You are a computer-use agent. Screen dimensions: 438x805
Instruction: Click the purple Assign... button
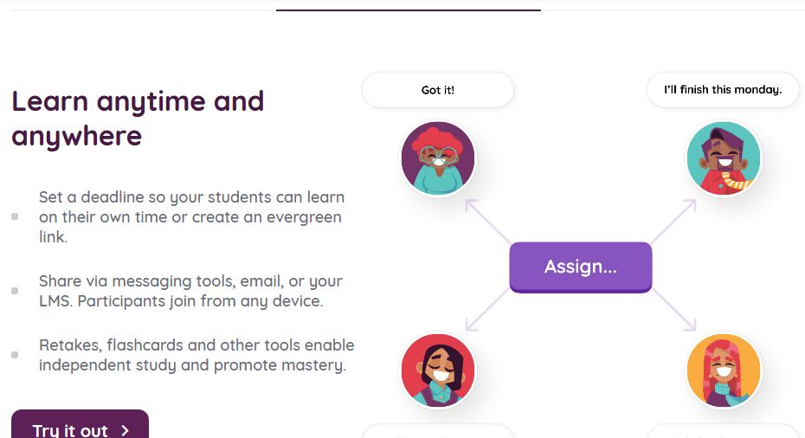[x=580, y=267]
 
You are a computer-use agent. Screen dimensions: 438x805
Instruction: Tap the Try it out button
[x=80, y=426]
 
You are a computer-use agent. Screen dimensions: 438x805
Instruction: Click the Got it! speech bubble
[x=438, y=90]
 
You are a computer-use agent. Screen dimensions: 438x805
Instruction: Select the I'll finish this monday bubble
[x=723, y=90]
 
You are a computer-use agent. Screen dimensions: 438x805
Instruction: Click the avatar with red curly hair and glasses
[x=438, y=158]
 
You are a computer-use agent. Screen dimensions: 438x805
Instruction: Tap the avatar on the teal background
[x=724, y=158]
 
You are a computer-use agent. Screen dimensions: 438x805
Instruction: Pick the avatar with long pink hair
[x=724, y=370]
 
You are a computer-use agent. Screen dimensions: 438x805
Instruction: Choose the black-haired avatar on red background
[x=438, y=370]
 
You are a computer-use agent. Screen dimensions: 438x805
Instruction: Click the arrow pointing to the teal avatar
[x=677, y=218]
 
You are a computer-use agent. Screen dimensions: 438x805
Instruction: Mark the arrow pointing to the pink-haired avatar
[x=677, y=312]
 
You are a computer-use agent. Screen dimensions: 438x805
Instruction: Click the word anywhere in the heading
[x=76, y=136]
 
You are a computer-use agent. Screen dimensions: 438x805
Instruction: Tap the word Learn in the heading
[x=50, y=101]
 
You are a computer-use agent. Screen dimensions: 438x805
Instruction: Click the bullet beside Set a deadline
[x=15, y=216]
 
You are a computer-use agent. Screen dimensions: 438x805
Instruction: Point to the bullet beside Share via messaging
[x=15, y=291]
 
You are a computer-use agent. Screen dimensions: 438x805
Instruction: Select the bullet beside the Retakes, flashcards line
[x=15, y=355]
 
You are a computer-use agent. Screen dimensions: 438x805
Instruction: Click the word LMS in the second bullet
[x=55, y=302]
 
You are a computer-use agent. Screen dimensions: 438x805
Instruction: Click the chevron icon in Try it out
[x=126, y=430]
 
